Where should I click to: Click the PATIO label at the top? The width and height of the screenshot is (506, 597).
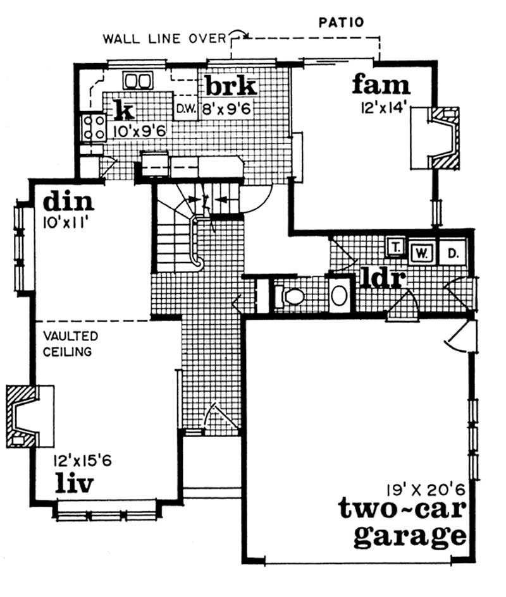[x=342, y=23]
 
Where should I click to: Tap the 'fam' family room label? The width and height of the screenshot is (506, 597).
[x=381, y=83]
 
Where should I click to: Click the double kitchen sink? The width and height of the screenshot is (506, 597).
[x=137, y=80]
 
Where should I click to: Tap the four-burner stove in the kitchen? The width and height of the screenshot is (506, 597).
[x=92, y=127]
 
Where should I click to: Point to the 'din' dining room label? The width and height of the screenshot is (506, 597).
[x=68, y=203]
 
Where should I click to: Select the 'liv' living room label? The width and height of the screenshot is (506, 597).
[x=74, y=484]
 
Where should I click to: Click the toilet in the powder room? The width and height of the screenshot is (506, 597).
[x=290, y=295]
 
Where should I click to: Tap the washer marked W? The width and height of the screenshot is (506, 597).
[x=421, y=253]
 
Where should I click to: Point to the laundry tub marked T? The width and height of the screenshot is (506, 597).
[x=395, y=246]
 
